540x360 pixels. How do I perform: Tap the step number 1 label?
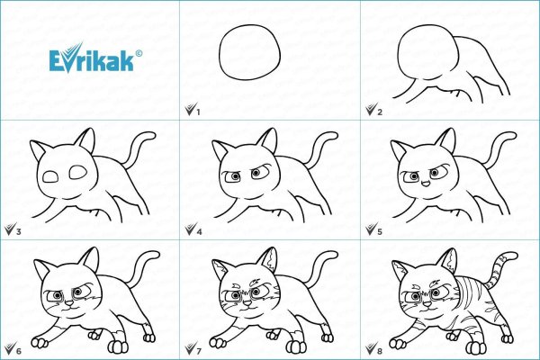(x=197, y=111)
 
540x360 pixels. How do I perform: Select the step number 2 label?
(x=380, y=111)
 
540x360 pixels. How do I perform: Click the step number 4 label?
(x=197, y=231)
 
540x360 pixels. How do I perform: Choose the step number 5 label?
(x=380, y=231)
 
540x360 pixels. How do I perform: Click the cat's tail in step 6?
(x=137, y=270)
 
